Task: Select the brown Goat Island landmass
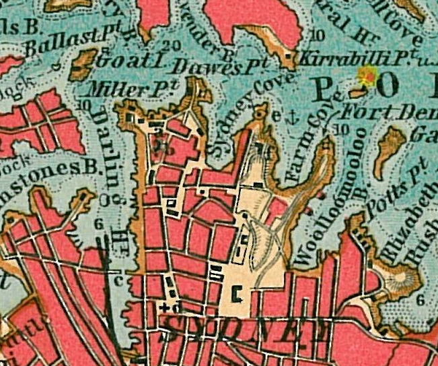(83, 65)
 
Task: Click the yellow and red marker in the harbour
(367, 76)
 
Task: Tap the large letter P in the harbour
(328, 90)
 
